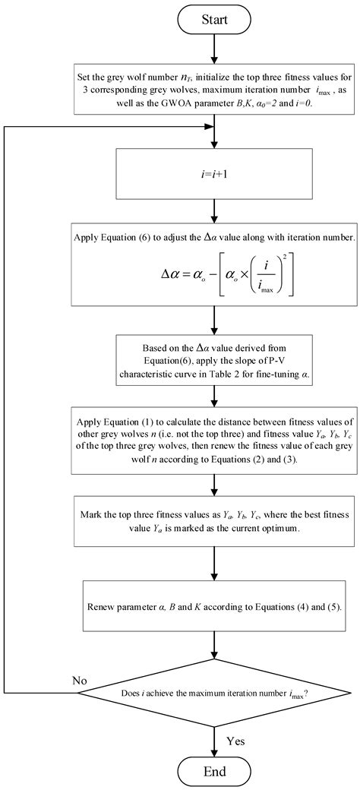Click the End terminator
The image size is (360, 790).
pyautogui.click(x=216, y=771)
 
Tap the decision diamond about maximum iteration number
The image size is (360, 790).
pyautogui.click(x=216, y=693)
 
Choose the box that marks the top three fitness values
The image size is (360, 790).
pyautogui.click(x=216, y=499)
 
